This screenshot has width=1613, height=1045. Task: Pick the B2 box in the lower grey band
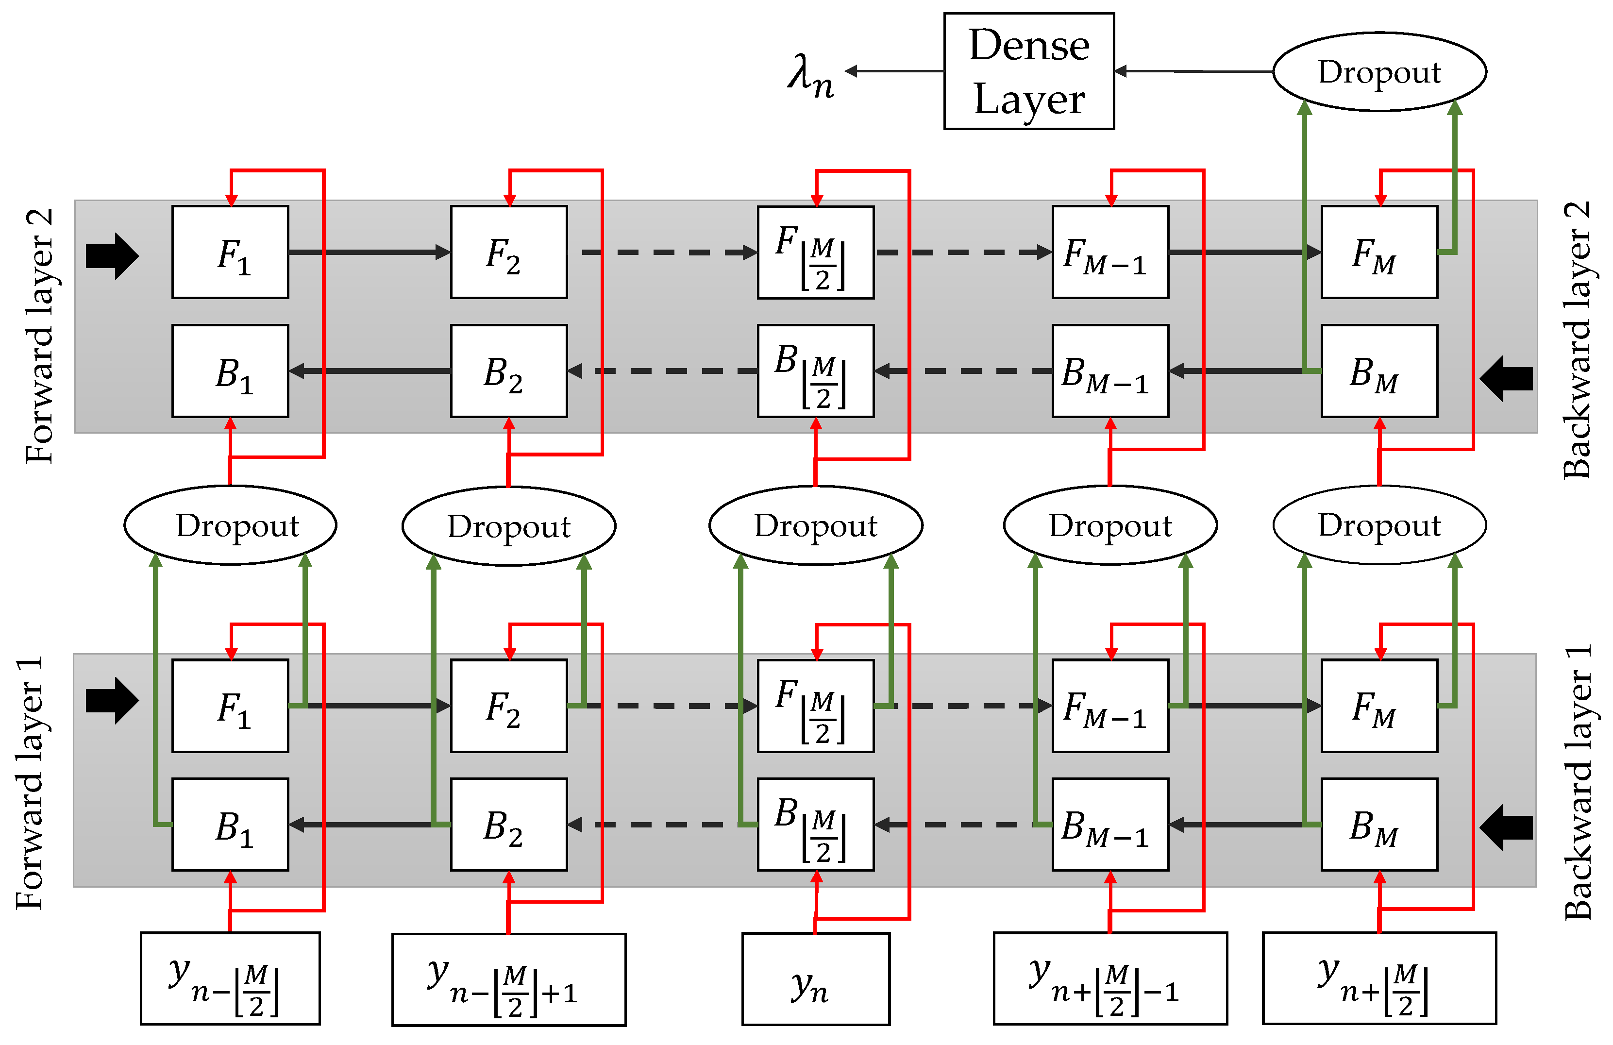click(508, 824)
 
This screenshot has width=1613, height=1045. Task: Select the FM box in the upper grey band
click(1378, 252)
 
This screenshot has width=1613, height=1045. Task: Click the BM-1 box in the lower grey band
click(1109, 824)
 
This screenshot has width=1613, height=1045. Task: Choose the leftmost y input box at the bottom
click(230, 978)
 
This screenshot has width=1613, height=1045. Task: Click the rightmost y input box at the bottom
click(1378, 978)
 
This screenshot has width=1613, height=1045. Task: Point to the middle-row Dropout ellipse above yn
click(815, 525)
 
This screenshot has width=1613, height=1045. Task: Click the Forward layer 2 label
click(39, 336)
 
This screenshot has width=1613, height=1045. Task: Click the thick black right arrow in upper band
click(112, 256)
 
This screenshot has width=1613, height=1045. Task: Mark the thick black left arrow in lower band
click(1506, 827)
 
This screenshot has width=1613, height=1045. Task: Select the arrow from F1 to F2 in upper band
click(370, 252)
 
